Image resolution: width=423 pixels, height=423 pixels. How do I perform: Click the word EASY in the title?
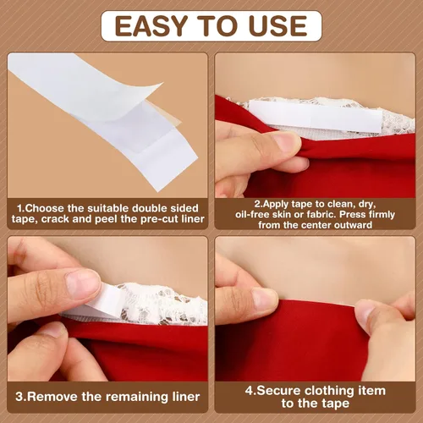coord(151,26)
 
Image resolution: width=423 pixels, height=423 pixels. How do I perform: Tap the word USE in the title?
coord(277,26)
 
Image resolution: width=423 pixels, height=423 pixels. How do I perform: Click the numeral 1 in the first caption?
coord(19,208)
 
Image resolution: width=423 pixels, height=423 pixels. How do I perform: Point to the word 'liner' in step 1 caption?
coord(193,219)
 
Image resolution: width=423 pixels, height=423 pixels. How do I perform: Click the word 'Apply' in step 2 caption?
coord(275,204)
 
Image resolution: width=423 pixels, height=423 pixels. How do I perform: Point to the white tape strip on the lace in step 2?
coord(316,116)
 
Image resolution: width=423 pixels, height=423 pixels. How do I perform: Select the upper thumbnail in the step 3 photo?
coord(82,284)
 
